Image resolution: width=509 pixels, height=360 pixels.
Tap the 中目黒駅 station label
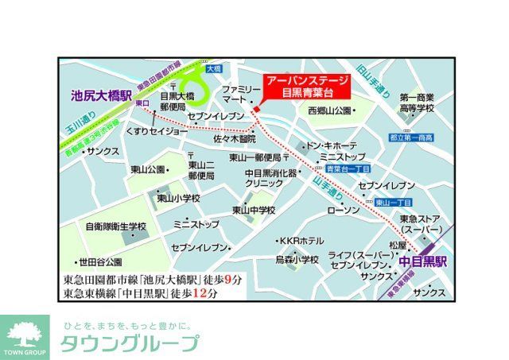coord(422,260)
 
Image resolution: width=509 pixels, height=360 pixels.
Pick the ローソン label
coord(344,210)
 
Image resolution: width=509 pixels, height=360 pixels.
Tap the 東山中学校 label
coord(254,210)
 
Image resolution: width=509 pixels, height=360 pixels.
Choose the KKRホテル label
coord(300,241)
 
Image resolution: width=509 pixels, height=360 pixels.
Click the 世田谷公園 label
coord(99,262)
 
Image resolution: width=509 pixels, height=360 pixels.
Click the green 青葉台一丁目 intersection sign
coord(344,168)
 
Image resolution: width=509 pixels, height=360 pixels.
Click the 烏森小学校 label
coord(297,259)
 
